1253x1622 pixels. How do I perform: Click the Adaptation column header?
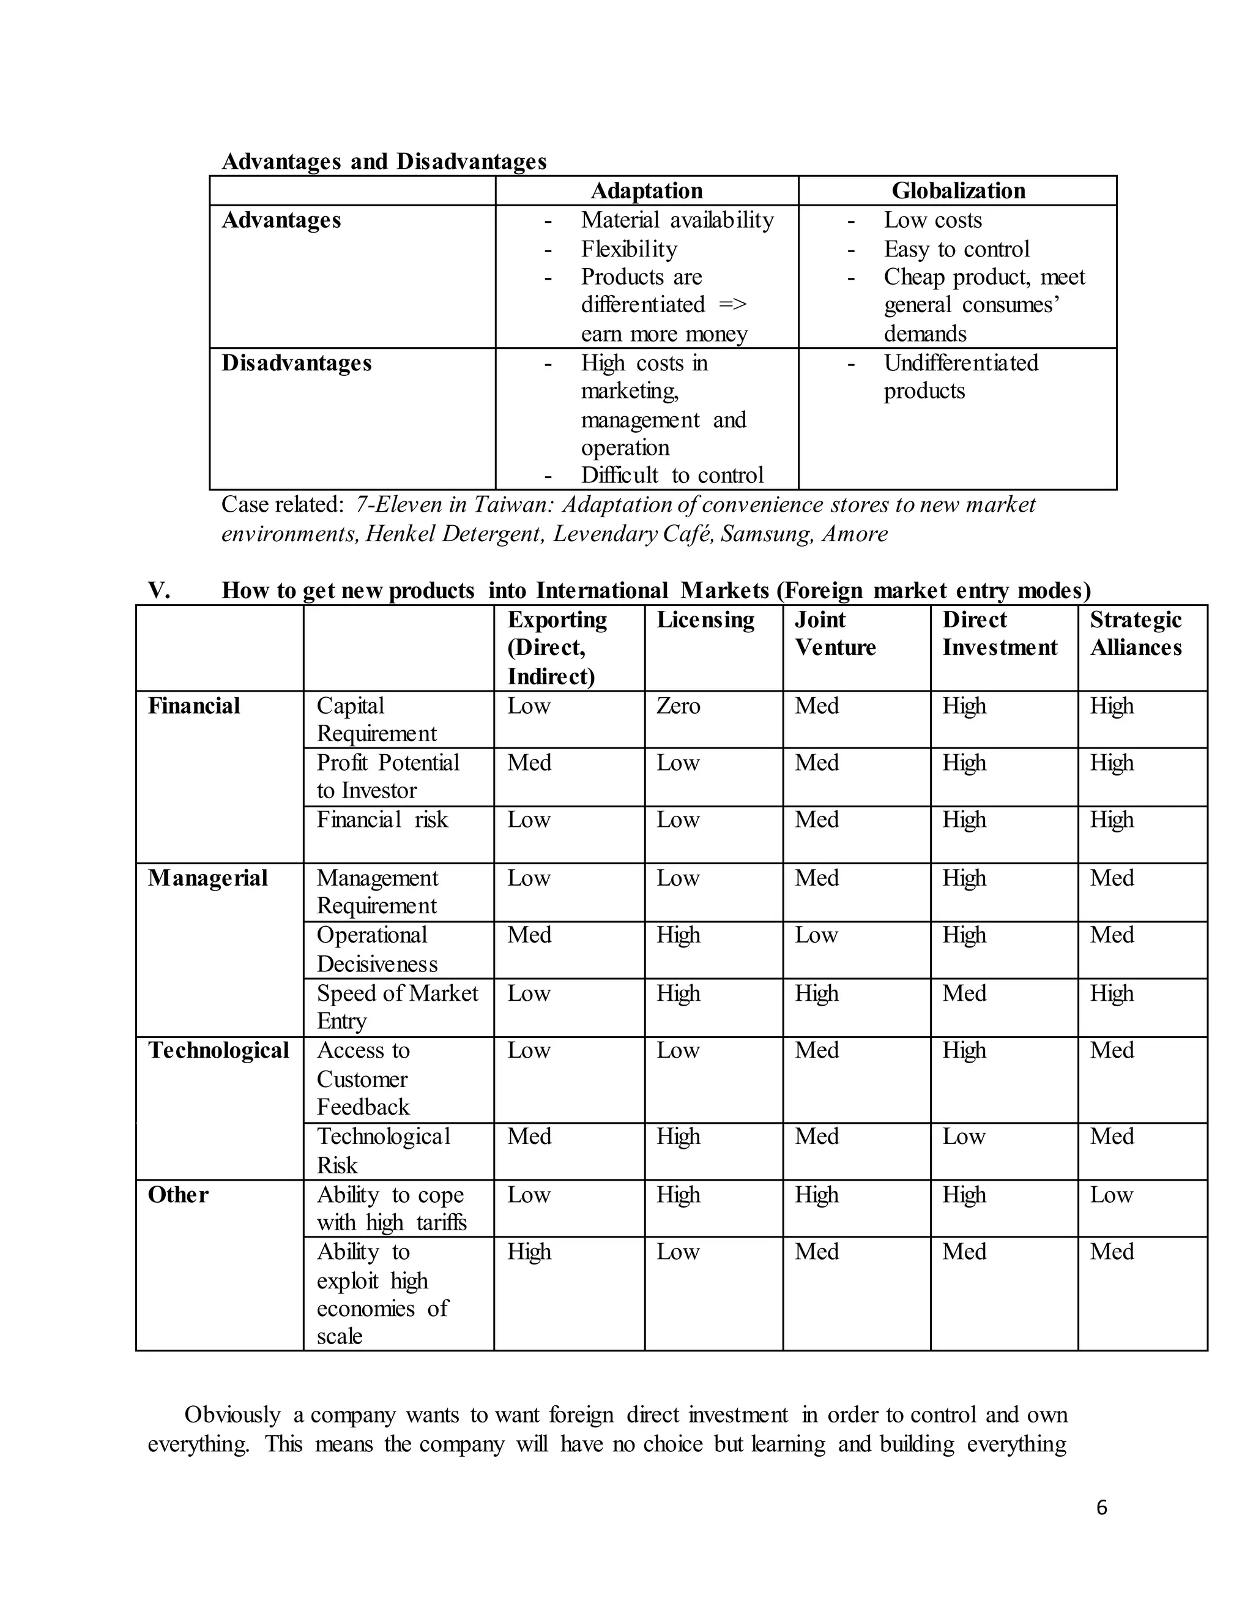coord(646,191)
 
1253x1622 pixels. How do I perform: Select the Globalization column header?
coord(957,191)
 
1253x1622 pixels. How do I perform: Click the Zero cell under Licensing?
coord(678,706)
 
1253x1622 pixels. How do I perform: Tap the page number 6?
coord(1101,1507)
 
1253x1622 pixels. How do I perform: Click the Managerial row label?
coord(207,878)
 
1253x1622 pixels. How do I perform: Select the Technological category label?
coord(218,1050)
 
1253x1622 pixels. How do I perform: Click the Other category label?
coord(178,1194)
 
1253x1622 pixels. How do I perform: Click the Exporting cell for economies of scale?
coord(529,1252)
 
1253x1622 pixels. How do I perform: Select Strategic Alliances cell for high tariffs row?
coord(1111,1194)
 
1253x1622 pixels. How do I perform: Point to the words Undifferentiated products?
coord(960,376)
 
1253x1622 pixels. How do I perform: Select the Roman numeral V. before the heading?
coord(159,591)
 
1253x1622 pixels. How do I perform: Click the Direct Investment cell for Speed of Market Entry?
coord(964,993)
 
